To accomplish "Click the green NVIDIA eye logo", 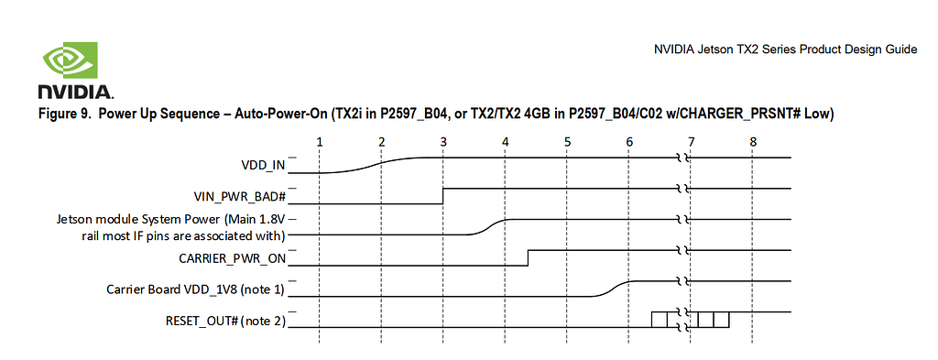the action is [x=70, y=60].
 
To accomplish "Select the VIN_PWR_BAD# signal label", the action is [x=239, y=196].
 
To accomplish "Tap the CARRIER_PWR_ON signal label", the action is [x=232, y=259].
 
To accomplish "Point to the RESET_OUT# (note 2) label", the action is [x=225, y=322].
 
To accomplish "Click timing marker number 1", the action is [x=320, y=142].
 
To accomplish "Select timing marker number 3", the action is [x=443, y=142].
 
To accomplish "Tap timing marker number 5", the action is [x=567, y=142].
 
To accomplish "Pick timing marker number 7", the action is [x=691, y=142].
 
